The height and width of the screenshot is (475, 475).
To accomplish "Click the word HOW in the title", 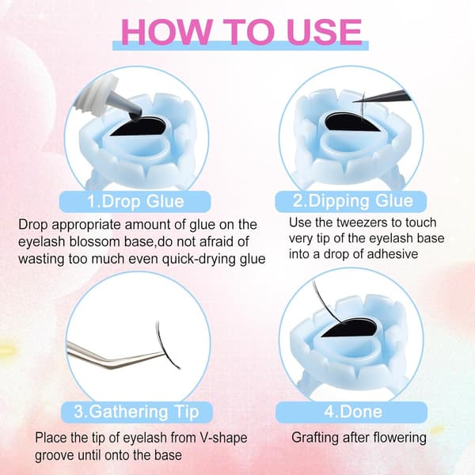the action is pos(165,32).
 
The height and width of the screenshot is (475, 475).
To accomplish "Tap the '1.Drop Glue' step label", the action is pos(135,201).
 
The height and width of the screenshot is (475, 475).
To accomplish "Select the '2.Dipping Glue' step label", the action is pos(351,201).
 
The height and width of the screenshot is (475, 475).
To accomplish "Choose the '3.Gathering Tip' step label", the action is pos(137,412).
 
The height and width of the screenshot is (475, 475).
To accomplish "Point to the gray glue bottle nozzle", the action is pos(128,104).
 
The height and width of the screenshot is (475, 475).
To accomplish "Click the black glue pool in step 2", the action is pos(352,122).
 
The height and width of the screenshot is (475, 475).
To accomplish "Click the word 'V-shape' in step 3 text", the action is pos(223,438).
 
